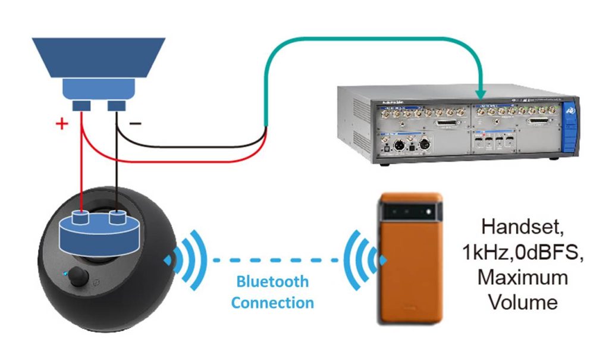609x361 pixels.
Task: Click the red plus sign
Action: click(60, 124)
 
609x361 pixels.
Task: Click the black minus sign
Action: click(136, 124)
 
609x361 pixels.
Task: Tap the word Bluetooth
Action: click(272, 281)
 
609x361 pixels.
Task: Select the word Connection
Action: click(272, 303)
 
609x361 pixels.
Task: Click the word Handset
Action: click(523, 227)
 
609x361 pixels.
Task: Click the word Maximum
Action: click(523, 277)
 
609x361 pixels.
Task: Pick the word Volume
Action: click(523, 302)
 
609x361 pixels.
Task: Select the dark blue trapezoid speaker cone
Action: click(98, 57)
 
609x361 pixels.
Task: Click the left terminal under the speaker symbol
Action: click(81, 106)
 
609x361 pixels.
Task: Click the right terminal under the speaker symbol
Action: click(116, 106)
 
